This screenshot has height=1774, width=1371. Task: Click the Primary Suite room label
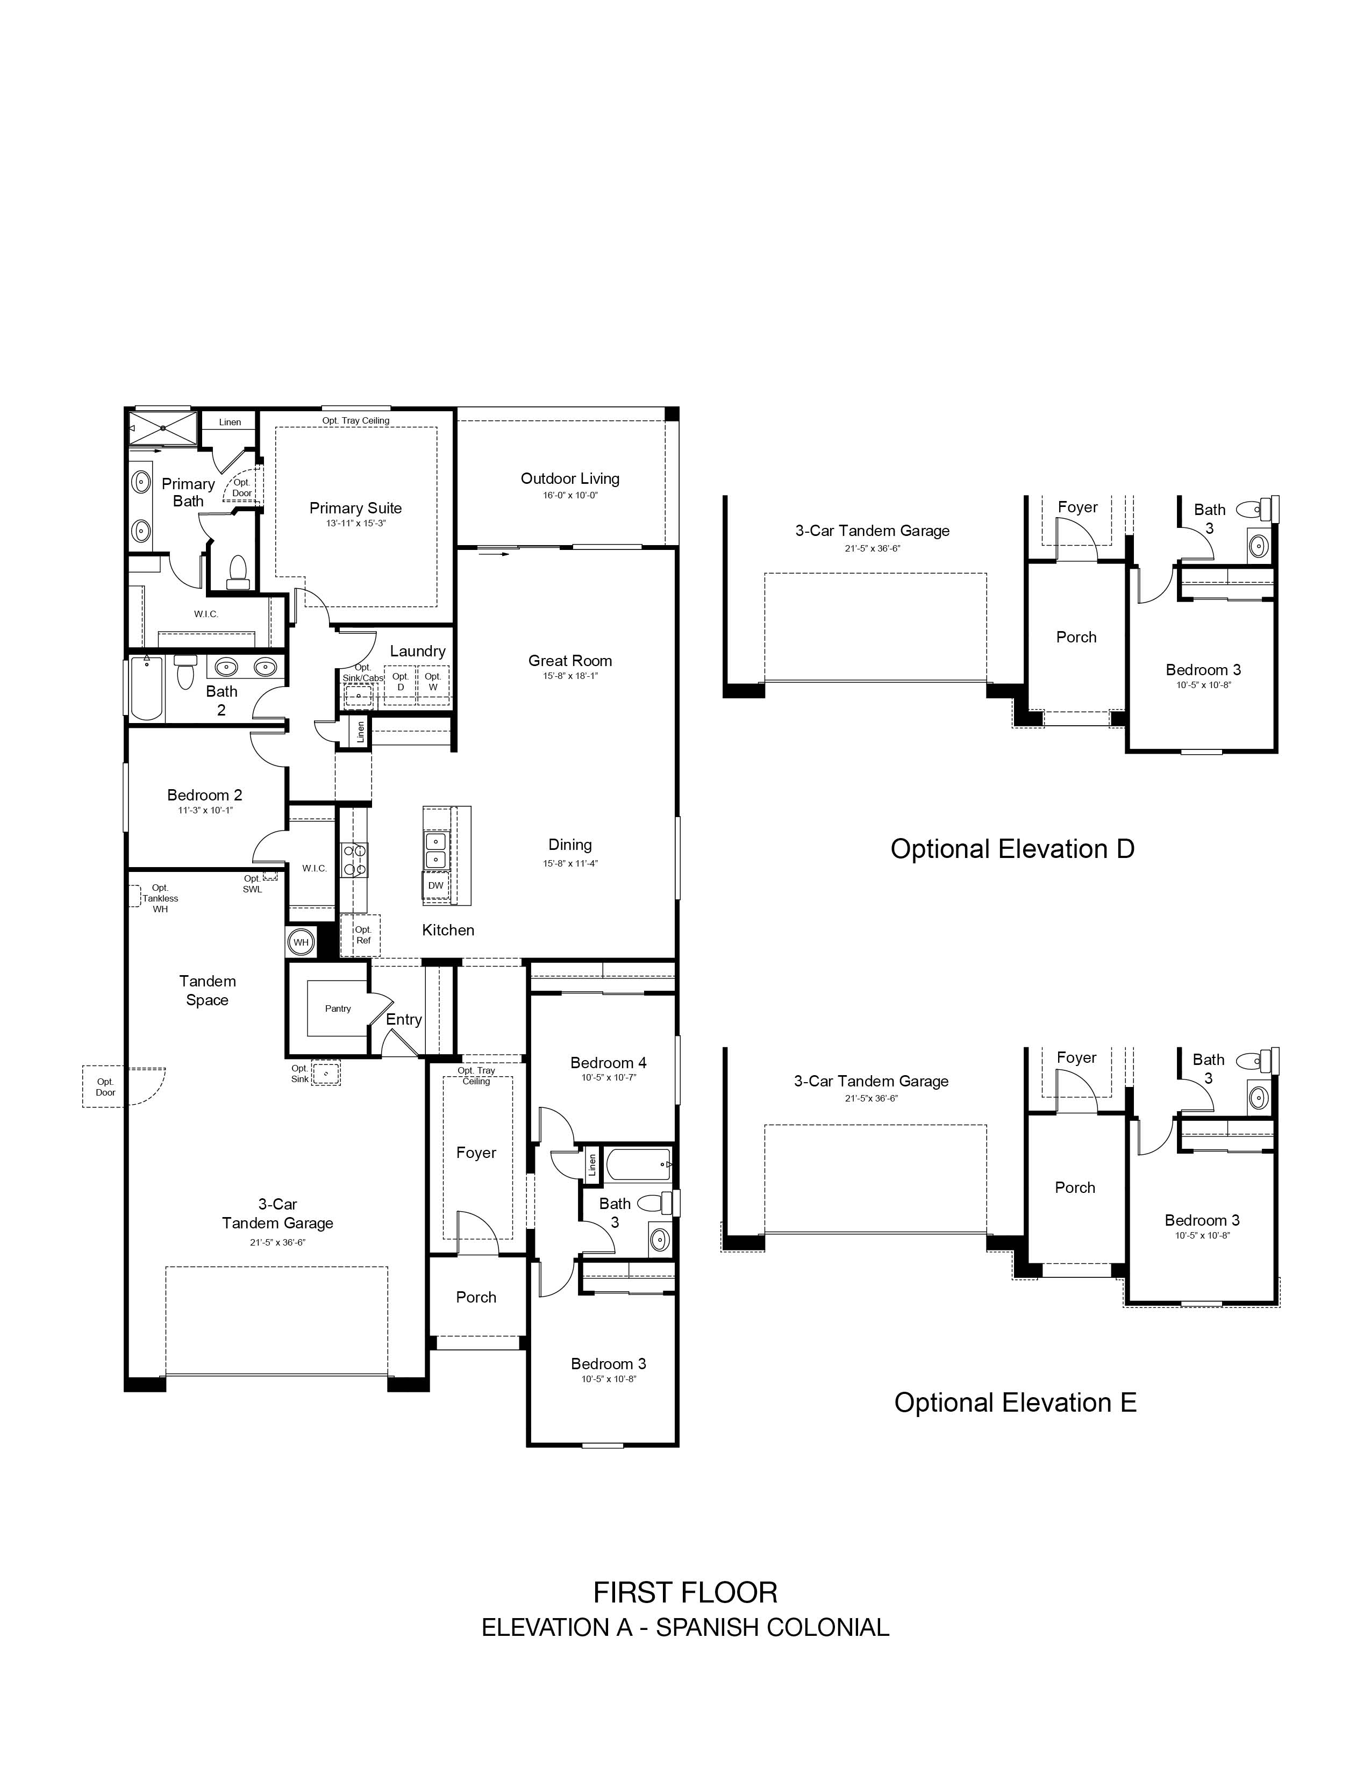click(x=356, y=509)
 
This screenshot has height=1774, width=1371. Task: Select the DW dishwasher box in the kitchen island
click(x=436, y=885)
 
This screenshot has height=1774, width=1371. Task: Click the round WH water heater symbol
click(x=301, y=942)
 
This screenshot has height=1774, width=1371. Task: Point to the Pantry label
click(x=338, y=1009)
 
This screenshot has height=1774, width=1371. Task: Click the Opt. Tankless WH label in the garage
click(x=160, y=898)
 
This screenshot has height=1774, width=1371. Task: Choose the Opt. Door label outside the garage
click(x=105, y=1087)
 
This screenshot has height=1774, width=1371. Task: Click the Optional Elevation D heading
click(x=1012, y=849)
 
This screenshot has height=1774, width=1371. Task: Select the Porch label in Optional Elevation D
click(x=1076, y=638)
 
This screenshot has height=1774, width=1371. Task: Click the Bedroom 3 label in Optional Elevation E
click(x=1202, y=1220)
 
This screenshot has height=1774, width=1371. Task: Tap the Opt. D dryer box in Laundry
click(x=401, y=682)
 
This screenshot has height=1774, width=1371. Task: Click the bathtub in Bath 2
click(x=147, y=688)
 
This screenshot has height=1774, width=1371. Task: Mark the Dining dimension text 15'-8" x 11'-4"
click(x=570, y=863)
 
